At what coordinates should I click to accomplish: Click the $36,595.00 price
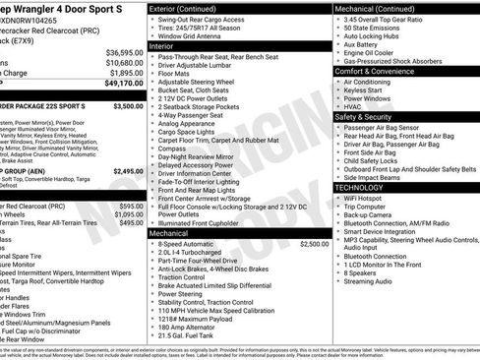click(124, 52)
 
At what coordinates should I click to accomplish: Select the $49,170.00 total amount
click(124, 84)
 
